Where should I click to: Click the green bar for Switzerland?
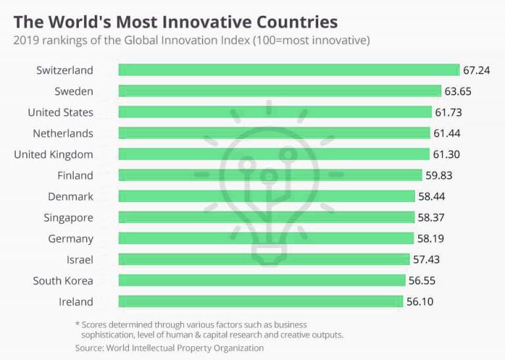289,70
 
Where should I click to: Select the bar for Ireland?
260,301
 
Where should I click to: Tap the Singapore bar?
266,217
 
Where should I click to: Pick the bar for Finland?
270,175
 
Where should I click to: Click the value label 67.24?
477,70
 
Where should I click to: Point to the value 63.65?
458,91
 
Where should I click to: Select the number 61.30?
446,154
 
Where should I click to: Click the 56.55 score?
421,280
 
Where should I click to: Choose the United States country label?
60,112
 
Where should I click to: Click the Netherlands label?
63,133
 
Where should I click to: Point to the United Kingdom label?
53,154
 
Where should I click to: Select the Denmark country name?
70,196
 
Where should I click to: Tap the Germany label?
70,238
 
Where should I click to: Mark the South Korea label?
63,280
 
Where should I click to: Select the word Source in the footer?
89,347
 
